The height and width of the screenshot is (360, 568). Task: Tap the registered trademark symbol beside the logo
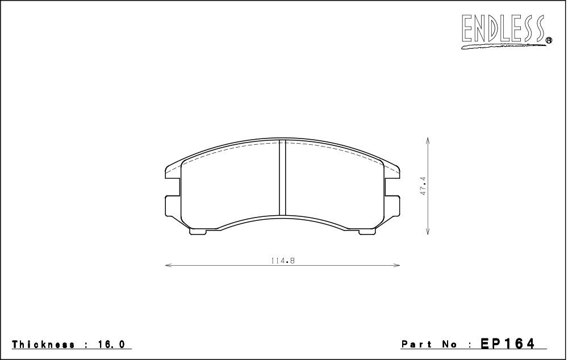(x=549, y=40)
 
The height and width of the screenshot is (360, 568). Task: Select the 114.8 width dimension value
(x=282, y=261)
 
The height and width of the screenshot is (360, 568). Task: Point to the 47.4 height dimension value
(x=423, y=186)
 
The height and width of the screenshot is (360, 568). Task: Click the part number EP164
(x=507, y=344)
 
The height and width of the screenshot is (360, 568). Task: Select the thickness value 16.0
(x=111, y=344)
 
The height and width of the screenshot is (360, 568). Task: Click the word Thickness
(x=44, y=344)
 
